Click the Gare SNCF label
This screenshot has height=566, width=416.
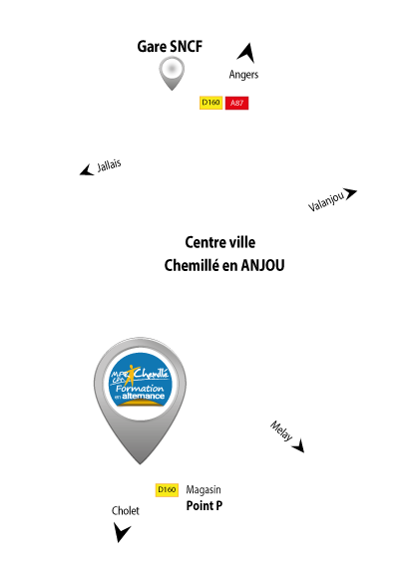(x=170, y=47)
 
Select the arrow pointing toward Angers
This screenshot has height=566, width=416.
(x=246, y=54)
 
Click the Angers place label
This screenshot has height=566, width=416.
(x=243, y=75)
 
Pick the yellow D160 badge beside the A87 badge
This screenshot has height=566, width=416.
(x=211, y=103)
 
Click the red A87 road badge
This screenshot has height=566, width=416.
(x=236, y=103)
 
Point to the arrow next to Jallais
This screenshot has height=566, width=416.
(x=87, y=170)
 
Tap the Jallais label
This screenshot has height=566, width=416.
(x=109, y=165)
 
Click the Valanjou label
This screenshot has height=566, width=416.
(x=326, y=201)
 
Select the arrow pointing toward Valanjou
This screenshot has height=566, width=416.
(x=350, y=193)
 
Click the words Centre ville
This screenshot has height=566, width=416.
(x=220, y=242)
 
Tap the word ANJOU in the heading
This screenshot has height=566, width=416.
(x=262, y=265)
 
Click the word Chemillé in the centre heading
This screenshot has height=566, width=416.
(x=192, y=266)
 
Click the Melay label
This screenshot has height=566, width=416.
(x=281, y=430)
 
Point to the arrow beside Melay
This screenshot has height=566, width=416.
(x=299, y=446)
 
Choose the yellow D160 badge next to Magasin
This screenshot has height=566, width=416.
(x=167, y=490)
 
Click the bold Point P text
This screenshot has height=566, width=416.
(x=205, y=506)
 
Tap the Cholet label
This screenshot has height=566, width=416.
(x=126, y=511)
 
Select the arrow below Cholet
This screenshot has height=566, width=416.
(x=121, y=532)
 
